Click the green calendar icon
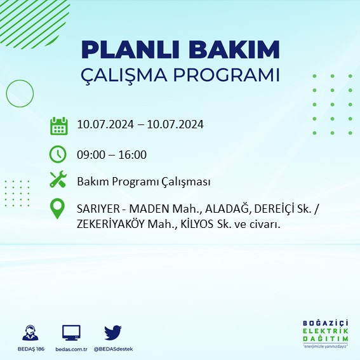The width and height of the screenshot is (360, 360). click(58, 125)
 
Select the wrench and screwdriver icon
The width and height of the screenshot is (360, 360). click(58, 180)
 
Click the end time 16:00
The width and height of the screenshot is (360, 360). click(133, 154)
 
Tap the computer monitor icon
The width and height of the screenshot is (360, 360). click(71, 333)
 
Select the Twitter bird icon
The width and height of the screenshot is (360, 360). click(113, 332)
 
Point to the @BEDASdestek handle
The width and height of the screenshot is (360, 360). click(114, 349)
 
